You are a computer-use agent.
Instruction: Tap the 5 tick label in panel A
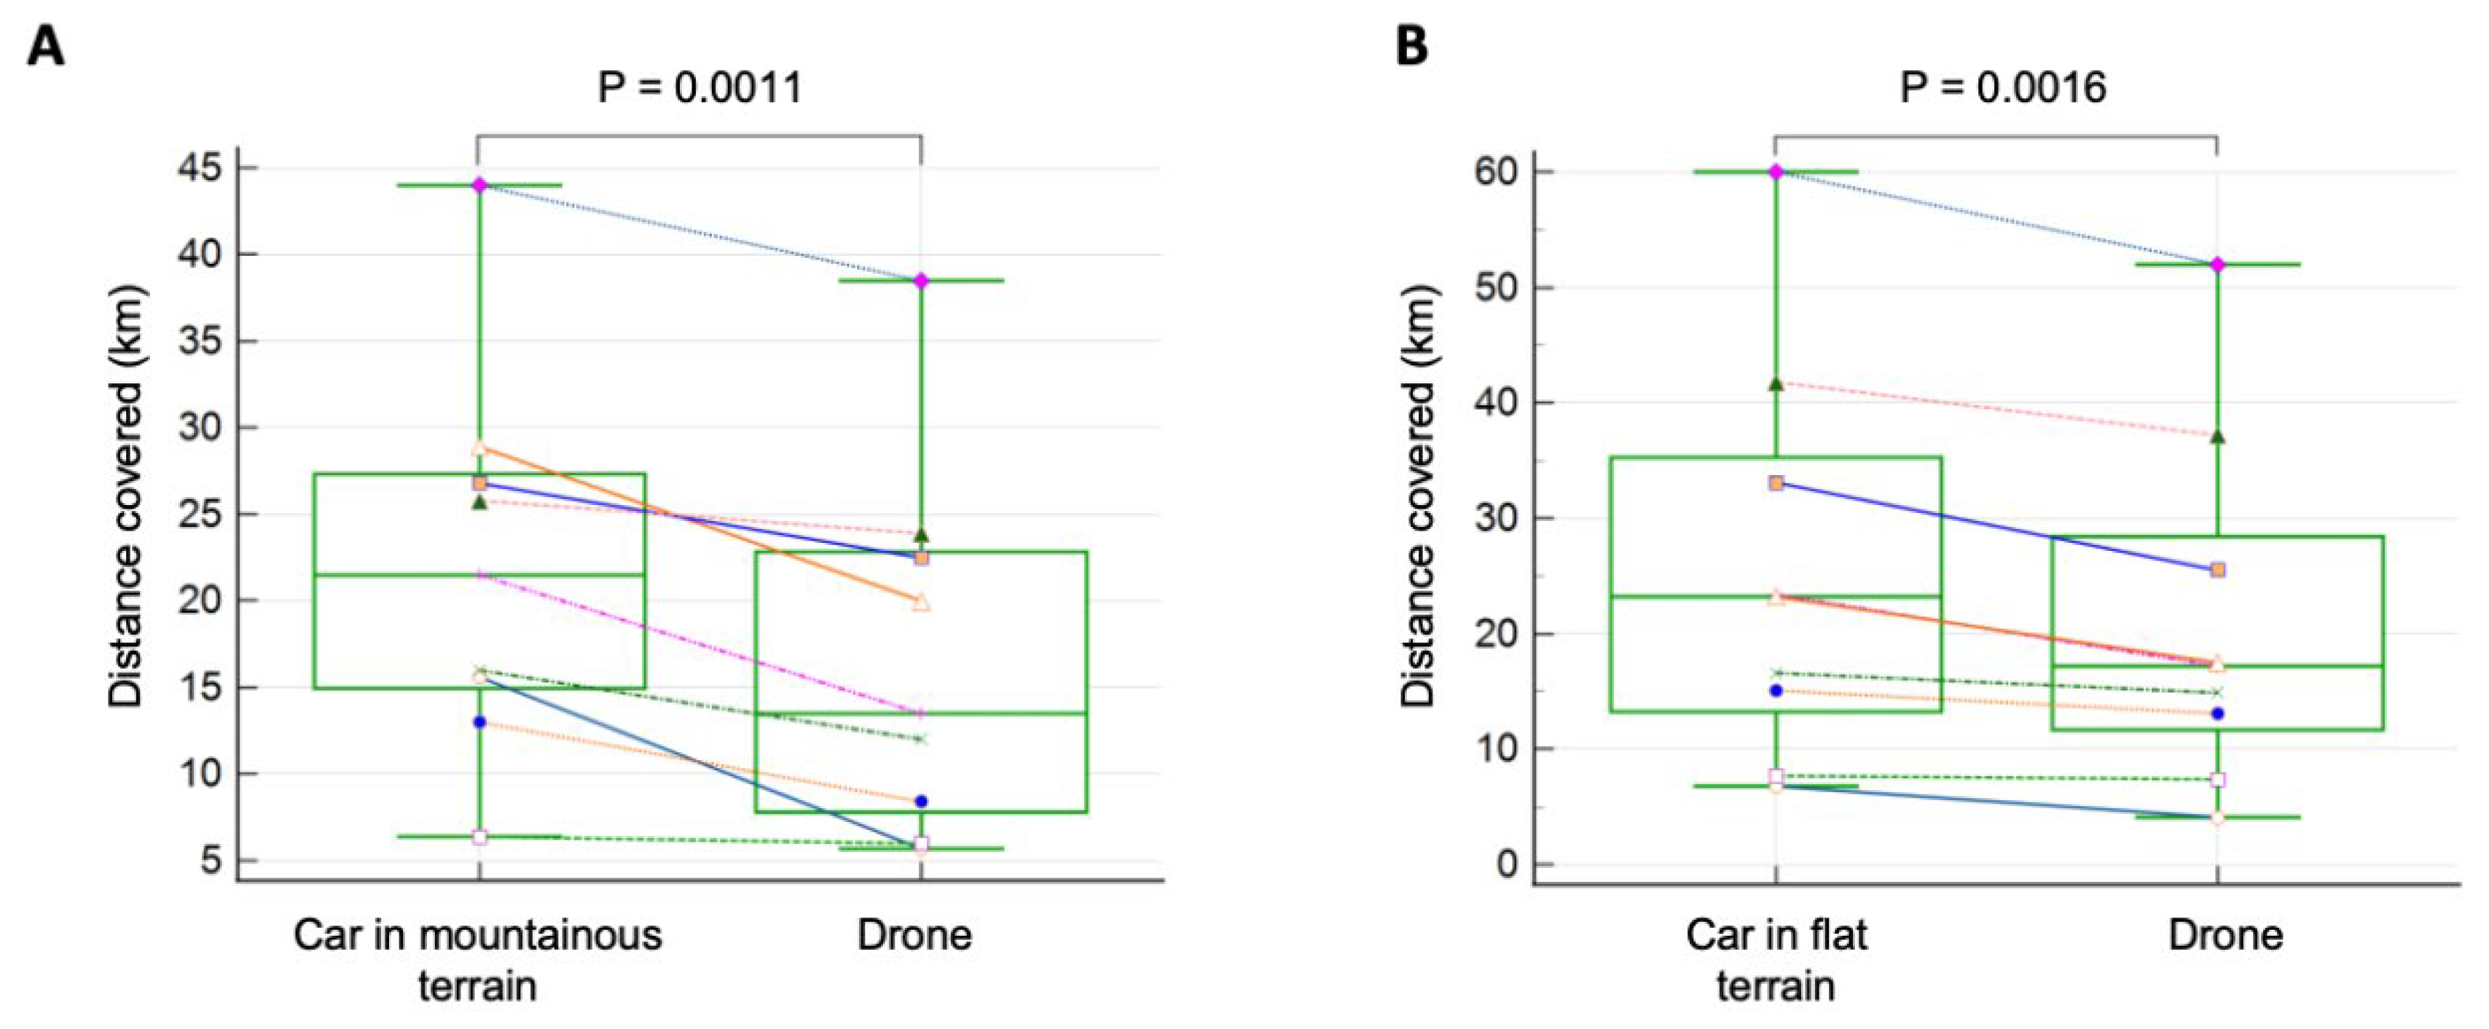[x=211, y=860]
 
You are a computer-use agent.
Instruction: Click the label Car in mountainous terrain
[x=478, y=960]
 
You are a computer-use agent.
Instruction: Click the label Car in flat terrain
[x=1776, y=960]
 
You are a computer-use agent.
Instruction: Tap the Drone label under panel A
[x=914, y=935]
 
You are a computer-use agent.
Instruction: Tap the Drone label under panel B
[x=2225, y=935]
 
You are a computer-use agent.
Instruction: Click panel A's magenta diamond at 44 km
[x=479, y=184]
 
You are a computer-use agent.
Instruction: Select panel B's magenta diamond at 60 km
[x=1776, y=172]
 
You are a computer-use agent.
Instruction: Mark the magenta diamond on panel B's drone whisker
[x=2217, y=265]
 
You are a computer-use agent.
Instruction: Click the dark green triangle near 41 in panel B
[x=1776, y=383]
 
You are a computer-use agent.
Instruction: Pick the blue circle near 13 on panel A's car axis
[x=479, y=721]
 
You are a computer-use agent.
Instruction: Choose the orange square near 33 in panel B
[x=1776, y=483]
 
